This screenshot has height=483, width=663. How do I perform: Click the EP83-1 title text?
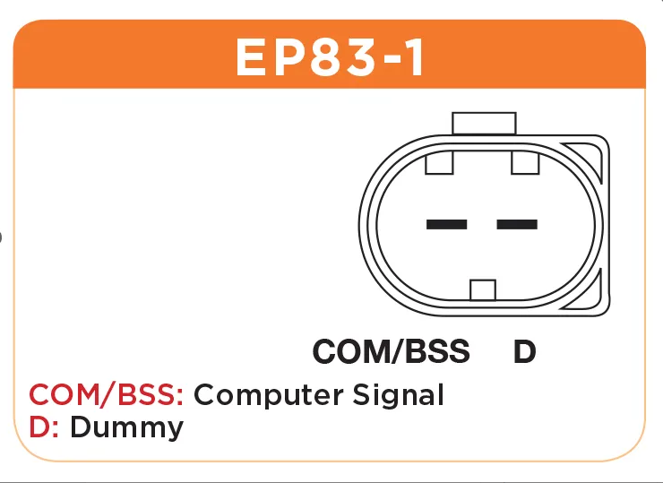tap(330, 57)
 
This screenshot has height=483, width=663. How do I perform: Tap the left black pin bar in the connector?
tap(446, 224)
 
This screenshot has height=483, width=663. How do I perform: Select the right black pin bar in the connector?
tap(517, 224)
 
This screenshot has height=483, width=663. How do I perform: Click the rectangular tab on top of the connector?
tap(484, 124)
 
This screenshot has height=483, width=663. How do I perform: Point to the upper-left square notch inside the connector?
tap(439, 163)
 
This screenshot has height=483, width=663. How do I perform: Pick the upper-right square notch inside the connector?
tap(525, 163)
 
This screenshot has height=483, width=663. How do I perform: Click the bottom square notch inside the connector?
tap(483, 289)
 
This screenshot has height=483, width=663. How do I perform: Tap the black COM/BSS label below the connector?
tap(392, 351)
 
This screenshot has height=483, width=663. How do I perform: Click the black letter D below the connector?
tap(525, 351)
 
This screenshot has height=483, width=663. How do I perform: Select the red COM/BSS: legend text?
tap(106, 394)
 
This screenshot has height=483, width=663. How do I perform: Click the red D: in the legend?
tap(44, 427)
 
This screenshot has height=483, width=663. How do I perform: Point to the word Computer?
tap(269, 395)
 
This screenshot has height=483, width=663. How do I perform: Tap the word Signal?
tap(398, 395)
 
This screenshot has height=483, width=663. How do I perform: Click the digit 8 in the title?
tap(327, 57)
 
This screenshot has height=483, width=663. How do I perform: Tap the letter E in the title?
tap(251, 57)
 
